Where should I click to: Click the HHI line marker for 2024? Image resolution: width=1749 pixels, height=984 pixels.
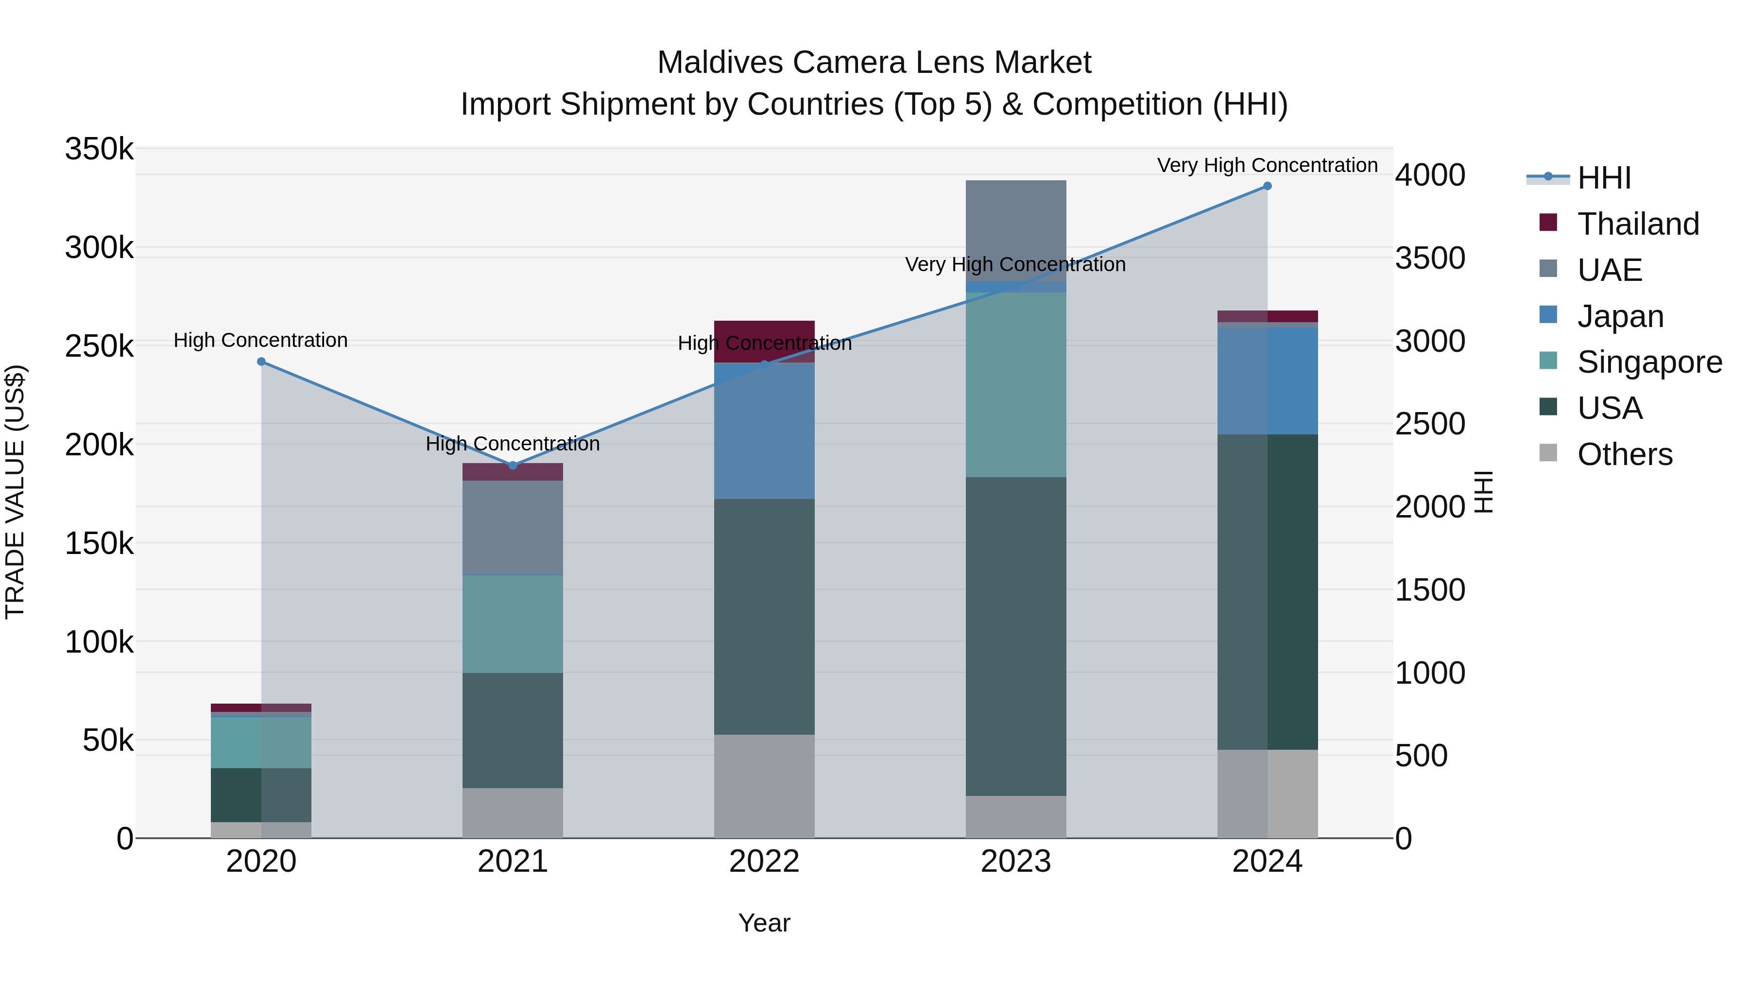(x=1267, y=186)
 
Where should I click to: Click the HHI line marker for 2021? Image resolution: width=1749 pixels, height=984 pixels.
(x=513, y=465)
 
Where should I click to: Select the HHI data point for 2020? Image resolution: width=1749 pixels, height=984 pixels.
(x=261, y=362)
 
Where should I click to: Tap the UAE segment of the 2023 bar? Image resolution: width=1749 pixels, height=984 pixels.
(x=1016, y=230)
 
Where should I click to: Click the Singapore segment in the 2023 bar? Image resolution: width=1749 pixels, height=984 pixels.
(x=1016, y=384)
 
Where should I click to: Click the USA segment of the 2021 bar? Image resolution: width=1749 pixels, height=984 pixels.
(x=513, y=730)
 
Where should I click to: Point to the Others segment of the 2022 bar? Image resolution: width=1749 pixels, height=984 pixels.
(x=765, y=786)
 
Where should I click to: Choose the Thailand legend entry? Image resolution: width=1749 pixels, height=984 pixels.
(x=1638, y=224)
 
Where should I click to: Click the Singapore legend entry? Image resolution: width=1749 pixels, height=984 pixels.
(x=1649, y=362)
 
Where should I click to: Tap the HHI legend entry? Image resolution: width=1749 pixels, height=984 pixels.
(x=1604, y=178)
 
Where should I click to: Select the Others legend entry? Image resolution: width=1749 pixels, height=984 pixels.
(x=1625, y=454)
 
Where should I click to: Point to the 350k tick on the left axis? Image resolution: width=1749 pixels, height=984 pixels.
(x=99, y=149)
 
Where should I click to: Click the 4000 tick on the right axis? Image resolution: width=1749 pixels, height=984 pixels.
(x=1430, y=175)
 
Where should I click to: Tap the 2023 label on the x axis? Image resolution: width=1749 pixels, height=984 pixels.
(x=1016, y=862)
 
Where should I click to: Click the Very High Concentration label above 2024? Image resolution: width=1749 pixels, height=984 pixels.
(x=1267, y=165)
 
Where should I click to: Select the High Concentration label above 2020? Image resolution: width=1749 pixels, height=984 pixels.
(x=261, y=340)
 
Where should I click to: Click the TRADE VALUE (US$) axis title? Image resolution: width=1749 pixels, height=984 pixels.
(x=16, y=492)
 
